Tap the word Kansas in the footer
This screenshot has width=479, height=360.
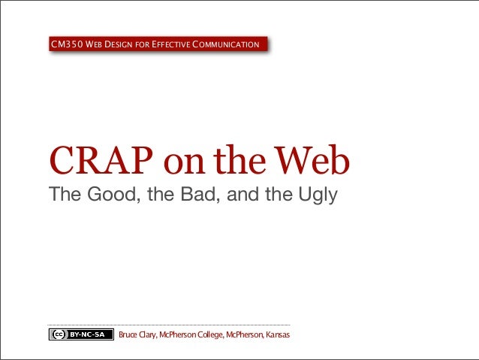(x=277, y=334)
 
